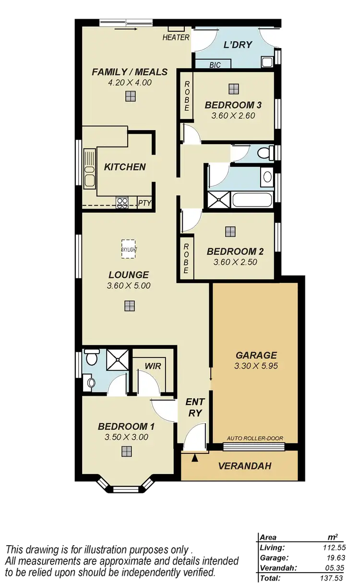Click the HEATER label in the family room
pos(176,37)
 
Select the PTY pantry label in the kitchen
pos(144,203)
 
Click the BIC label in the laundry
pos(215,64)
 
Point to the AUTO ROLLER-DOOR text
pos(255,439)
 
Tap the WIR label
pos(153,366)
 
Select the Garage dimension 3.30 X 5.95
pos(256,366)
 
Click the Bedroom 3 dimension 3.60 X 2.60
pos(233,115)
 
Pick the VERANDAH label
pos(245,466)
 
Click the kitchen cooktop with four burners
pos(122,203)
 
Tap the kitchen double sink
pos(89,168)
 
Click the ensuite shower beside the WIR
pos(115,358)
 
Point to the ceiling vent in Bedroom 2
pos(230,232)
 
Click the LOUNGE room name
pos(128,275)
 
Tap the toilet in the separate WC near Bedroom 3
pos(264,153)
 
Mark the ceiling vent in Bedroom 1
pos(126,451)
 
